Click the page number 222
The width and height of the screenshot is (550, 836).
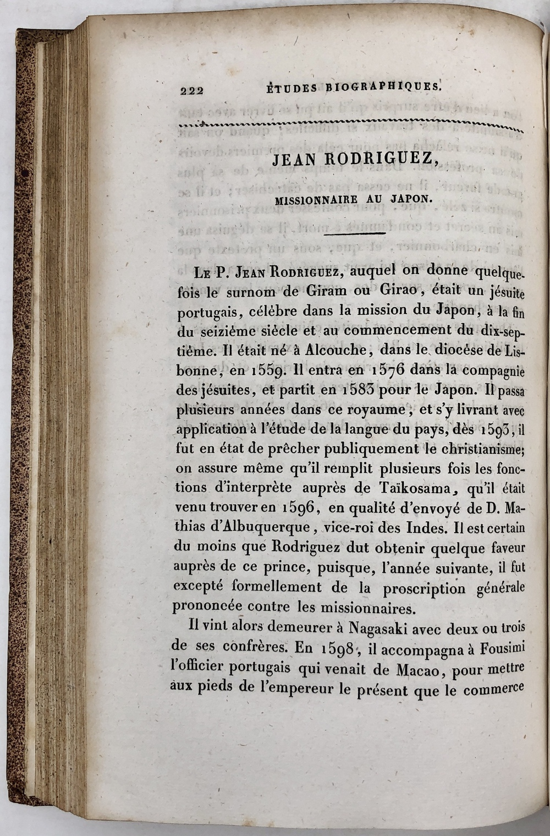192,90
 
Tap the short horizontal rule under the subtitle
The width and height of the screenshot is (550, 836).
354,233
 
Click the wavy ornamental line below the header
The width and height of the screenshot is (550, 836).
346,126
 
